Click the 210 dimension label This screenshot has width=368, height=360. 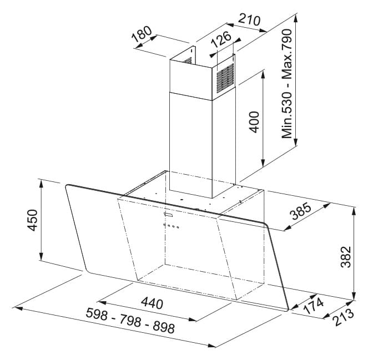point(249,20)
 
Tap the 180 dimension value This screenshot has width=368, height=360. point(142,34)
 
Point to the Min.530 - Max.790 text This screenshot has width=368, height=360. point(287,84)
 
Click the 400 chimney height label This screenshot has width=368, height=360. point(254,122)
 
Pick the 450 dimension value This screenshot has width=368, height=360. point(32,220)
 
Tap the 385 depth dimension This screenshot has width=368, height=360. point(301,211)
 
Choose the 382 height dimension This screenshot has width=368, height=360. point(346,257)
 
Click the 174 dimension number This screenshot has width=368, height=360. point(314,305)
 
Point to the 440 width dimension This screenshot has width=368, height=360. point(152,303)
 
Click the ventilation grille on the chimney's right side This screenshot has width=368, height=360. point(225,78)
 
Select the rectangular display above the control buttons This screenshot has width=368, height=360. point(168,214)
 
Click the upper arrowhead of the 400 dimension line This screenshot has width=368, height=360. point(263,75)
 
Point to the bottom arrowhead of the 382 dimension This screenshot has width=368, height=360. point(354,296)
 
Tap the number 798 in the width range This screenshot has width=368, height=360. point(130,321)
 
